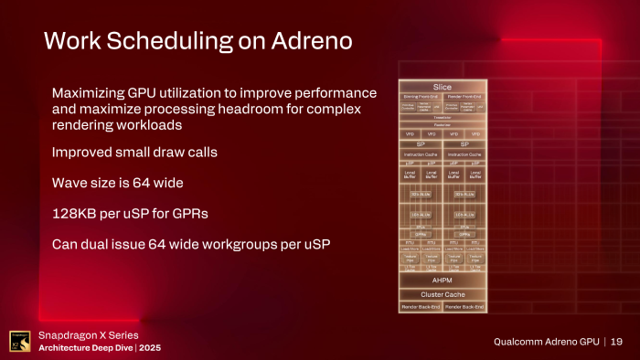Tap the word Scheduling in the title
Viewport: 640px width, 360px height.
pos(172,41)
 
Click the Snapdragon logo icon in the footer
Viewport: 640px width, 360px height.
pos(17,340)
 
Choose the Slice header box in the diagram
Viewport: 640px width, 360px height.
pos(443,86)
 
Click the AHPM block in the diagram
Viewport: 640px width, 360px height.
pos(443,281)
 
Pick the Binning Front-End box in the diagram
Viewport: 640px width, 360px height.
pos(421,95)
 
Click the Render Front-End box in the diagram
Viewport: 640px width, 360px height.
pos(464,95)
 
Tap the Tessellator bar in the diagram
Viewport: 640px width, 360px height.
pos(443,118)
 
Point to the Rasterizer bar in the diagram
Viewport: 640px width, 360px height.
pos(443,124)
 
